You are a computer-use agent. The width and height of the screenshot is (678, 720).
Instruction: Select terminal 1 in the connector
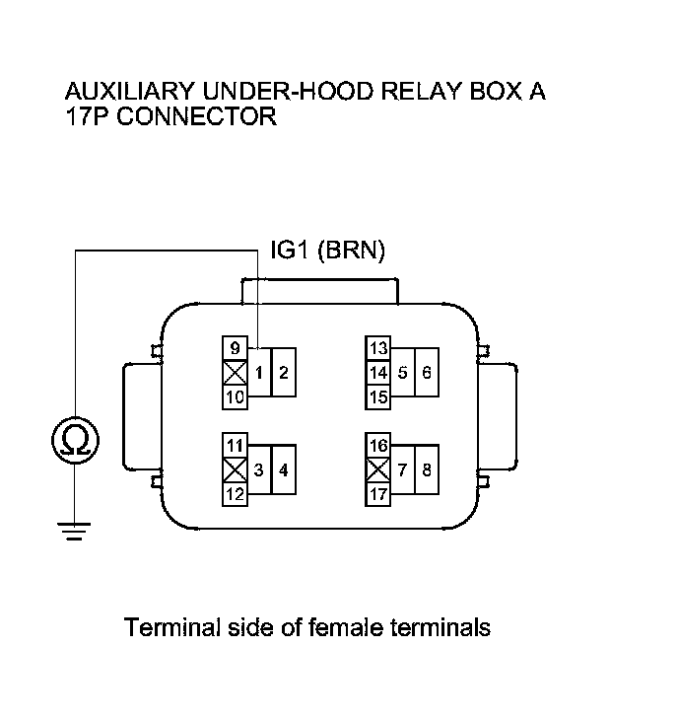pos(257,373)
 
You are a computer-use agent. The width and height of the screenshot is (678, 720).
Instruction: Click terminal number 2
pos(283,373)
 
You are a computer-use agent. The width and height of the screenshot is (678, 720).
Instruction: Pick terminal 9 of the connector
pos(234,348)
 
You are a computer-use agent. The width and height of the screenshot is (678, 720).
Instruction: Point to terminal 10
pos(234,396)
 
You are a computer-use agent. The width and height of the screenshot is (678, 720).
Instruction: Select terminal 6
pos(427,373)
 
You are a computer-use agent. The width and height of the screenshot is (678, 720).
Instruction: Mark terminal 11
pos(234,445)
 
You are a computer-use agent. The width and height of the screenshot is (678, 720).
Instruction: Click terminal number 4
pos(283,469)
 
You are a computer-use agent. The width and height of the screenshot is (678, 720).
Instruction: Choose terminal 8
pos(427,469)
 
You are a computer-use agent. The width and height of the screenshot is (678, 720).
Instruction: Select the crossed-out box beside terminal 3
pos(234,469)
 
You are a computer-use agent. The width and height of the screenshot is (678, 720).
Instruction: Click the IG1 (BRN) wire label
pos(327,252)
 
